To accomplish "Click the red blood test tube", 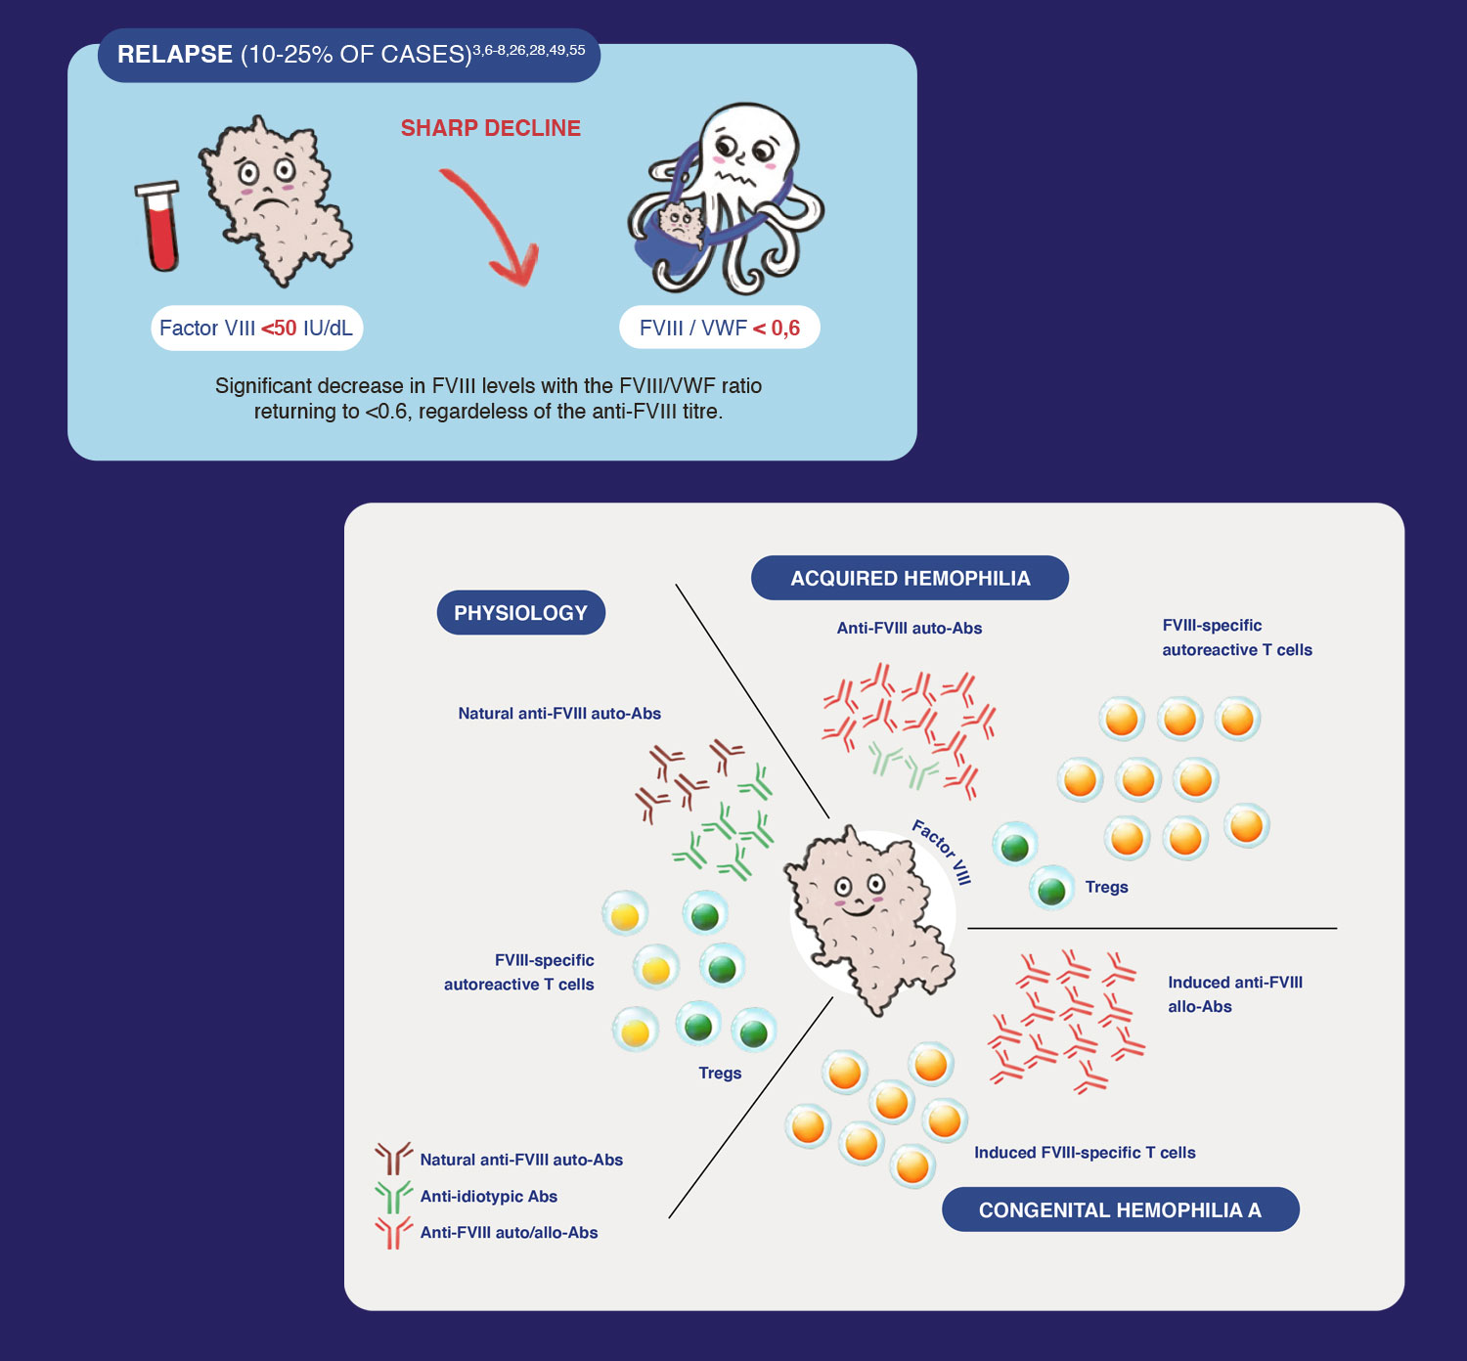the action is pyautogui.click(x=158, y=226).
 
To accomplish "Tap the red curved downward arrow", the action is pyautogui.click(x=494, y=222).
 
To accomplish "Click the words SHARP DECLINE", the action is pyautogui.click(x=491, y=128).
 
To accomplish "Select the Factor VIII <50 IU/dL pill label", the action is pyautogui.click(x=256, y=328).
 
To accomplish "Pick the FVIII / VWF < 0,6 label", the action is pyautogui.click(x=720, y=328).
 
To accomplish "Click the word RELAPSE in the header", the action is pyautogui.click(x=175, y=55).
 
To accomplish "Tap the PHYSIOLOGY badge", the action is pyautogui.click(x=520, y=612).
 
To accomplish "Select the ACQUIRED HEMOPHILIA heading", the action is pyautogui.click(x=911, y=578).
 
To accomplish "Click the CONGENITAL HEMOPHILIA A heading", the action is pyautogui.click(x=1120, y=1209).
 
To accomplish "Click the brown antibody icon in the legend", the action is pyautogui.click(x=393, y=1159).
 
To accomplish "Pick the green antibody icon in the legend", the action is pyautogui.click(x=393, y=1197).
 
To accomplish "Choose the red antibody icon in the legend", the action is pyautogui.click(x=393, y=1233).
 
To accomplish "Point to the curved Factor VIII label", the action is pyautogui.click(x=942, y=851).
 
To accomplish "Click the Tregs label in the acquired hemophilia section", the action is pyautogui.click(x=1106, y=887).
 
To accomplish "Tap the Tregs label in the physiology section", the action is pyautogui.click(x=720, y=1073).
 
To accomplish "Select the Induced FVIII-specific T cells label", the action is pyautogui.click(x=1085, y=1152).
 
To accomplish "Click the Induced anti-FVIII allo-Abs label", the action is pyautogui.click(x=1235, y=994).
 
